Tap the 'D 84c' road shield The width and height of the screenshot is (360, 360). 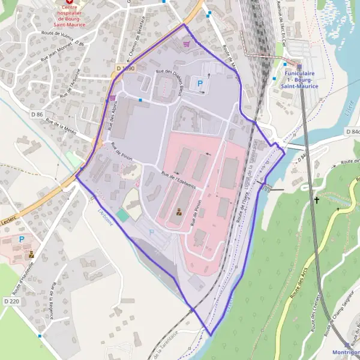point(352,131)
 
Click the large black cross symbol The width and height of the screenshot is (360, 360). point(317,201)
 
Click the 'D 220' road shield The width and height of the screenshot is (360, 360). point(11,301)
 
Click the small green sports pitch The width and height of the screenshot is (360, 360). point(122,215)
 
